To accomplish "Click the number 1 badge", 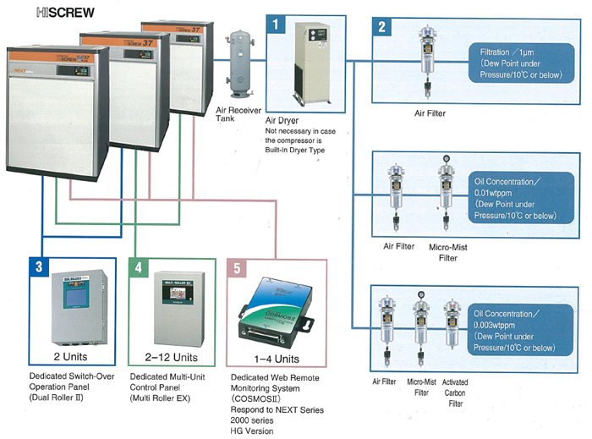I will coord(276,24).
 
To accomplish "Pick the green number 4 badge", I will coord(140,266).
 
